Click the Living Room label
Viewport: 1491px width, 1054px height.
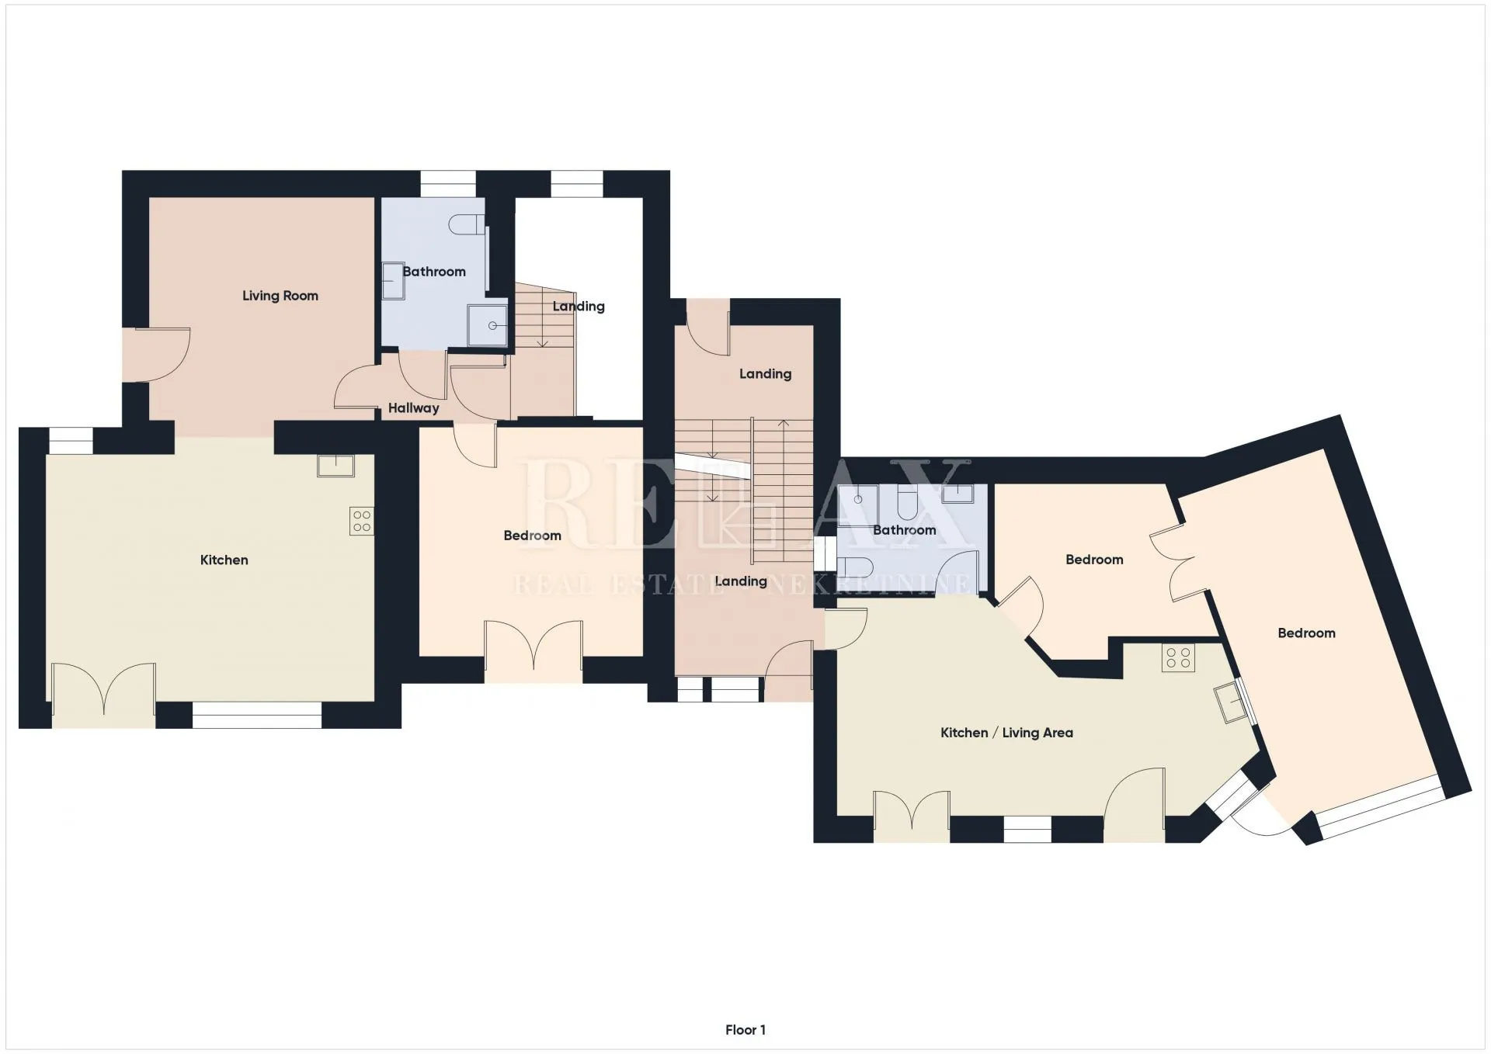click(x=280, y=296)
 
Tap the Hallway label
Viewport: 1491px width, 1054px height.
click(x=413, y=408)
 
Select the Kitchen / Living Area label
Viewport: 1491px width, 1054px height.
click(x=1006, y=733)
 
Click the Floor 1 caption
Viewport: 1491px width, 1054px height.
click(x=745, y=1030)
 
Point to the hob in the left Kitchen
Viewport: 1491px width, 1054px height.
click(x=362, y=521)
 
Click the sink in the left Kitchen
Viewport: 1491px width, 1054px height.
click(x=335, y=466)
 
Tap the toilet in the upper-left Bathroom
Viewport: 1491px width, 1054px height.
click(x=467, y=224)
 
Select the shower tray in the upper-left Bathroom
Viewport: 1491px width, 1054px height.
click(x=487, y=325)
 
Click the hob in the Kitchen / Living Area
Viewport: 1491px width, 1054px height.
click(x=1178, y=658)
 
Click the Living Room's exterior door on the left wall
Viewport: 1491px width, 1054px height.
click(x=156, y=355)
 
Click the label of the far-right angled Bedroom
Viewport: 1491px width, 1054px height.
click(x=1306, y=633)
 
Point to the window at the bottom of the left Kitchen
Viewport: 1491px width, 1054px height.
click(x=257, y=715)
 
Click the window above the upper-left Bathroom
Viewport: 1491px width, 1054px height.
click(x=448, y=184)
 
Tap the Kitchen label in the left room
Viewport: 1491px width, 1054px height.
click(x=224, y=560)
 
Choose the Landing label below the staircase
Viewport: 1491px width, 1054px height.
click(x=741, y=581)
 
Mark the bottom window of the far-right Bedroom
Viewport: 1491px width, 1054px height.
click(x=1380, y=807)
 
